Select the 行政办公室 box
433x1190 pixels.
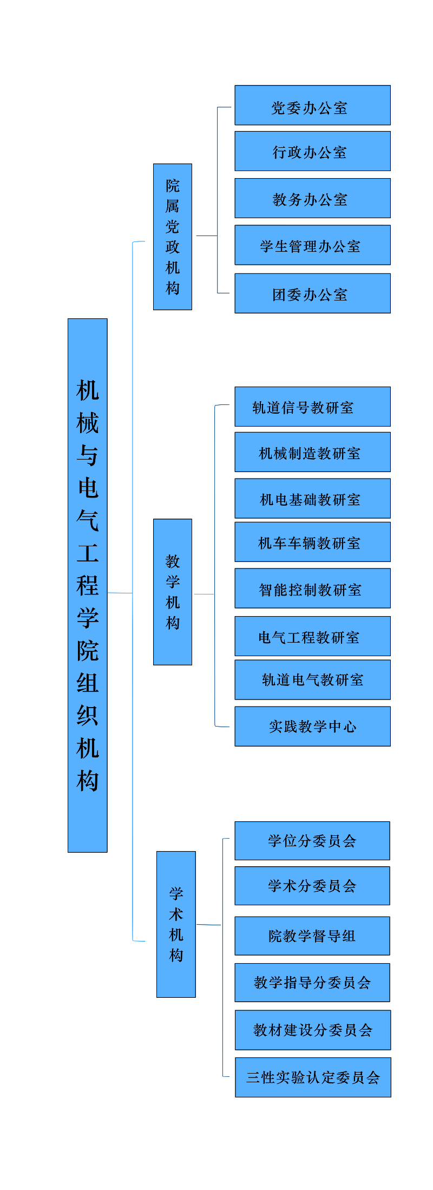(x=312, y=151)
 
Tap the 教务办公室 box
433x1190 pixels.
(x=312, y=198)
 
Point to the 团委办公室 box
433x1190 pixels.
(x=312, y=293)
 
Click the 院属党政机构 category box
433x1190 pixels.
(x=173, y=237)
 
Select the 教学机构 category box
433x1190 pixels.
(x=173, y=592)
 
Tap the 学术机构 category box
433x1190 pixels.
(x=176, y=924)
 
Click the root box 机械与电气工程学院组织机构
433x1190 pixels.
(x=88, y=585)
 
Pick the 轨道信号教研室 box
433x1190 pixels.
(x=312, y=407)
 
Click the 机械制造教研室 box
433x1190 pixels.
(x=312, y=452)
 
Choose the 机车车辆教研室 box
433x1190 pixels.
(x=312, y=542)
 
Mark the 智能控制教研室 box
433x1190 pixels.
(x=312, y=589)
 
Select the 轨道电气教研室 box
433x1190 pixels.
(x=312, y=679)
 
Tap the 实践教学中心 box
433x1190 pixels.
(x=312, y=726)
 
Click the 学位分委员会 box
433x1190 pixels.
(x=312, y=841)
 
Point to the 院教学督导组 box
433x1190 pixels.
(x=312, y=936)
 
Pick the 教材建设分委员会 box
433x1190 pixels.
(x=313, y=1030)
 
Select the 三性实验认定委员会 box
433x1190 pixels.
(x=313, y=1077)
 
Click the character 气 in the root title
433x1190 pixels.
(x=88, y=520)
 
